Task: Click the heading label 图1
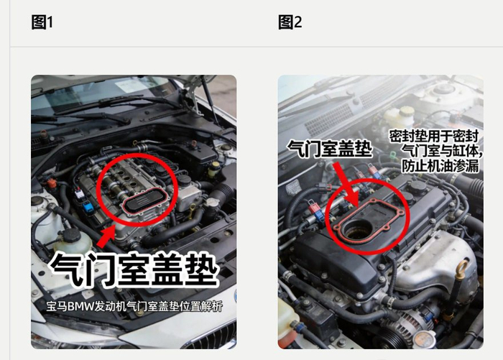42,22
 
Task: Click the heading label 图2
290,22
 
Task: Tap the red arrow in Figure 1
107,236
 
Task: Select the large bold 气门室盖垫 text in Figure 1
134,269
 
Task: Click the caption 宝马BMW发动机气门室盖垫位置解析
134,306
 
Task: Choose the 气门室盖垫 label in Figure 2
329,149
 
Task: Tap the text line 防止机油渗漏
440,166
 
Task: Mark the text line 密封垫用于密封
434,136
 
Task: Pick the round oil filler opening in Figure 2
356,229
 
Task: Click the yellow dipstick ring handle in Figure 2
461,268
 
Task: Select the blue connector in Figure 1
88,207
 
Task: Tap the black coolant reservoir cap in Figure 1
71,236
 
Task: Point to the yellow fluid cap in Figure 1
215,165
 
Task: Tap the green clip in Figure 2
393,156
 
